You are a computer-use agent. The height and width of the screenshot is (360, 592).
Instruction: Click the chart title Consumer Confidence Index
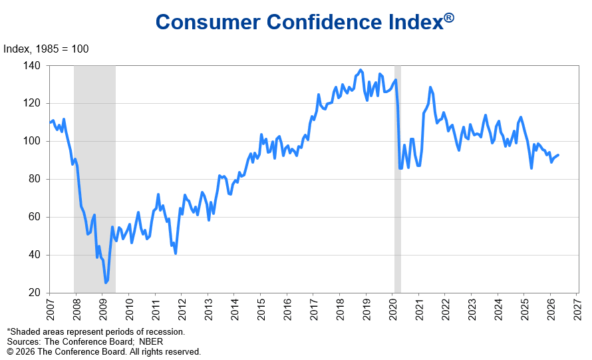pos(299,22)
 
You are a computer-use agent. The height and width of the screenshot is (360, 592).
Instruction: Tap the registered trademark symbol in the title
pos(449,18)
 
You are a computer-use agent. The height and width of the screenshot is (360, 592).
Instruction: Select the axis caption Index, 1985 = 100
pos(47,49)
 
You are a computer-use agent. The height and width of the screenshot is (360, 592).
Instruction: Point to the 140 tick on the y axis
pos(33,66)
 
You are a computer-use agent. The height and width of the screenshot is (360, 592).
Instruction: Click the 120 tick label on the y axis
pos(33,104)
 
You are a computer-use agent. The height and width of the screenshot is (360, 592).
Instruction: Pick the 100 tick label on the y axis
pos(33,142)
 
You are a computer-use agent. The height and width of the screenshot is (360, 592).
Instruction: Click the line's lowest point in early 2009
pos(105,283)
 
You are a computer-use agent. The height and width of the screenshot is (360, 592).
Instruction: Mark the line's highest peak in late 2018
pos(361,70)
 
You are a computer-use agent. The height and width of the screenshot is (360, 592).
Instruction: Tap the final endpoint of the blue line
pos(559,155)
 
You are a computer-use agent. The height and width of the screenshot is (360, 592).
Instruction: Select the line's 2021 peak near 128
pos(430,87)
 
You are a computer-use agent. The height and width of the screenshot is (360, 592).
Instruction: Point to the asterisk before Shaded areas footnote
pos(9,331)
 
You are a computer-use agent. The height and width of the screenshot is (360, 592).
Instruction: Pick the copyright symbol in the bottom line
pos(10,351)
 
